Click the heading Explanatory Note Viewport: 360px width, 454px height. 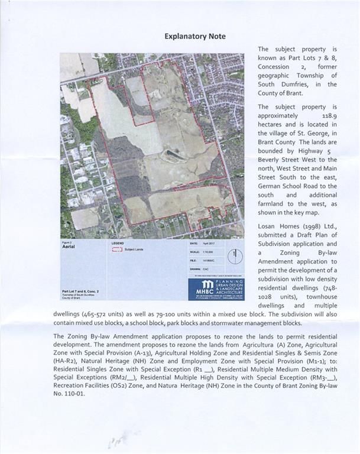coord(194,36)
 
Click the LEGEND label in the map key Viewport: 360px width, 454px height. coord(117,242)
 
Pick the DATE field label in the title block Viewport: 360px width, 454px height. coord(193,243)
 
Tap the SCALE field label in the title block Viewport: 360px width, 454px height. coord(194,251)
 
